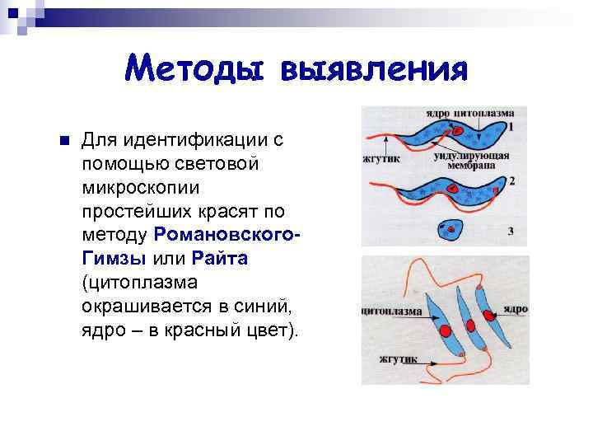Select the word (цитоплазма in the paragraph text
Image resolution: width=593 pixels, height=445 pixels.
136,283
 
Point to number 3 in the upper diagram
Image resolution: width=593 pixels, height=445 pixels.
511,232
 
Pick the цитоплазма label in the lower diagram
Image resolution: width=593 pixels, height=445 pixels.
391,312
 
